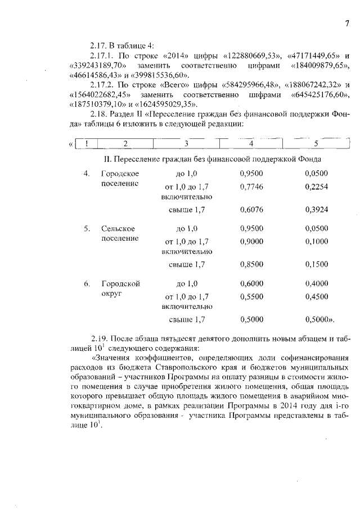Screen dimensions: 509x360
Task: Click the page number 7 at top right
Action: [347, 23]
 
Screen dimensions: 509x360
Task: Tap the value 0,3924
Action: [316, 210]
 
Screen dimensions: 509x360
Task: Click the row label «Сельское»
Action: [120, 229]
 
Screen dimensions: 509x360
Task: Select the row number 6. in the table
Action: [87, 284]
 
